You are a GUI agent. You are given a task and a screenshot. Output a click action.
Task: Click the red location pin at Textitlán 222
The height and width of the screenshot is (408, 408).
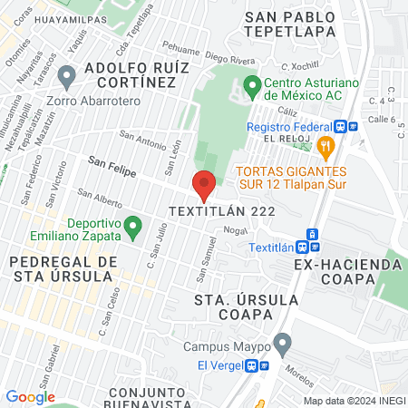tap(204, 184)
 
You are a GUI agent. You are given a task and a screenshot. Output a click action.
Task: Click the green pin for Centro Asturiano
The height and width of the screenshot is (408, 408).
tap(253, 88)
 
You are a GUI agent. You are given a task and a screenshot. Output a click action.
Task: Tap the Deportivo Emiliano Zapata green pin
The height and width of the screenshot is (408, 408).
tap(133, 224)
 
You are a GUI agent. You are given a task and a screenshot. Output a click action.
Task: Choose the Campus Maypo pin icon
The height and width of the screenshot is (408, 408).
tap(282, 344)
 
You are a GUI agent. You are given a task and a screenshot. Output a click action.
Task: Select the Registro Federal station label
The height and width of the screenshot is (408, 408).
tap(292, 127)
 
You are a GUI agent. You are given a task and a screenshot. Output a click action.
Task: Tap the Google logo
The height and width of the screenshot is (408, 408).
tap(30, 396)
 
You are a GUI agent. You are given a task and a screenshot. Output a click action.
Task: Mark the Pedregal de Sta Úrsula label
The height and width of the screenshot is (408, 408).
tap(63, 269)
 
